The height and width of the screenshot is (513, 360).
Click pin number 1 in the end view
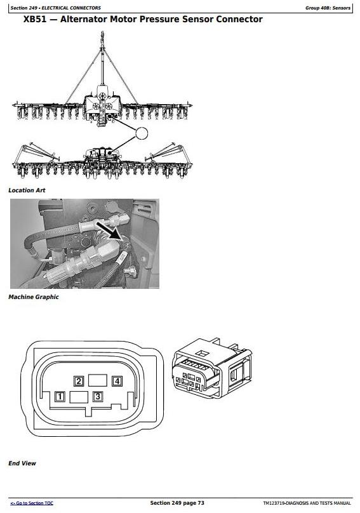[x=60, y=397]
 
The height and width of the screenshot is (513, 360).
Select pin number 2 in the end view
[x=79, y=381]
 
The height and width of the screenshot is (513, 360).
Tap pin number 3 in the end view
[x=98, y=397]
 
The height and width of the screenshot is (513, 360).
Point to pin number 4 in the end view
[x=117, y=381]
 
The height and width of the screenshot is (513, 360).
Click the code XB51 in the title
[x=35, y=19]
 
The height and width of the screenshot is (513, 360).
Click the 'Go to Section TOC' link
[x=32, y=503]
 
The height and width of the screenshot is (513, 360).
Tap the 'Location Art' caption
[x=27, y=190]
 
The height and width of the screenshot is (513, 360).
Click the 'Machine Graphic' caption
[x=34, y=297]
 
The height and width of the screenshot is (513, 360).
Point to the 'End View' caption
[x=22, y=463]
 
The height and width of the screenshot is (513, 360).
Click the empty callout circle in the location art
[x=142, y=133]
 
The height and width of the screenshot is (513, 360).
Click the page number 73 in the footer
[x=201, y=503]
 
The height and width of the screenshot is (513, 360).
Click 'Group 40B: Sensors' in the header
[x=328, y=8]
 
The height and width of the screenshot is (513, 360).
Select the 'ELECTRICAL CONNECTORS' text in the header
[x=71, y=8]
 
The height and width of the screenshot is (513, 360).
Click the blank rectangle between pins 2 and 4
[x=98, y=381]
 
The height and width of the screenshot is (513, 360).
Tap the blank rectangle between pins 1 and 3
[x=79, y=397]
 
